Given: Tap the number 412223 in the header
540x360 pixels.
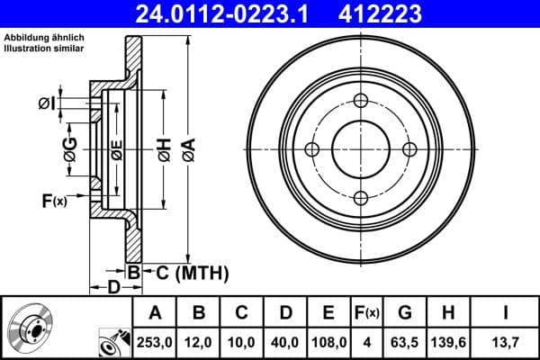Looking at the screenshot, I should pyautogui.click(x=404, y=13).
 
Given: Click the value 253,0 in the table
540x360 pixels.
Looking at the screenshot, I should pyautogui.click(x=155, y=341).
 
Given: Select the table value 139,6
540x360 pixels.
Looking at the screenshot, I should pyautogui.click(x=448, y=341).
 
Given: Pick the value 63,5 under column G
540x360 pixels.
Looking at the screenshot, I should pyautogui.click(x=404, y=341).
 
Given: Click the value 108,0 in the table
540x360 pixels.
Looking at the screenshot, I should pyautogui.click(x=328, y=341).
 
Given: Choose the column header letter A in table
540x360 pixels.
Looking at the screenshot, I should pyautogui.click(x=155, y=312).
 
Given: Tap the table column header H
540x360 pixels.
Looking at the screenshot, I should pyautogui.click(x=448, y=312).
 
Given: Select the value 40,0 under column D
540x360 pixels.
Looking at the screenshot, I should pyautogui.click(x=285, y=341).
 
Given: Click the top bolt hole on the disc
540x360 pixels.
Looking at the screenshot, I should pyautogui.click(x=361, y=100).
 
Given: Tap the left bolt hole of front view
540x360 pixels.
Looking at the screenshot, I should pyautogui.click(x=312, y=149).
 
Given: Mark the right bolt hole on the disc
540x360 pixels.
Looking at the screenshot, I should pyautogui.click(x=409, y=149).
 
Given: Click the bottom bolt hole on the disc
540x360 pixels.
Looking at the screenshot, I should pyautogui.click(x=361, y=198).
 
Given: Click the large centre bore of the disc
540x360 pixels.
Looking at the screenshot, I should pyautogui.click(x=361, y=149).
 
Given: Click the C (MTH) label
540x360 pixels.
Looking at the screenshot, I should pyautogui.click(x=185, y=273).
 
